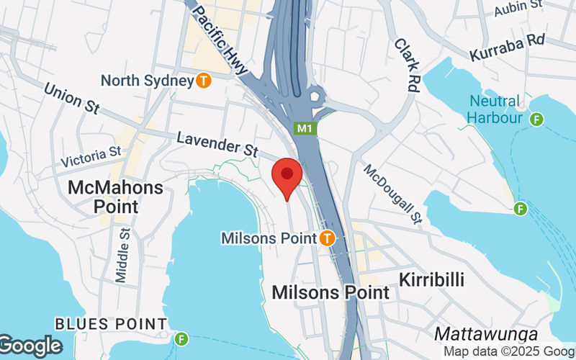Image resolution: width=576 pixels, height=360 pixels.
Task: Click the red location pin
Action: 287,176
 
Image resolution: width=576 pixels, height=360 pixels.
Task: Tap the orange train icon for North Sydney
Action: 204,81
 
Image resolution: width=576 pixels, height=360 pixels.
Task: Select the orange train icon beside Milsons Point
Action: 328,237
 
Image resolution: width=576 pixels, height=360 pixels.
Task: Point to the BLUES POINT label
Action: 111,324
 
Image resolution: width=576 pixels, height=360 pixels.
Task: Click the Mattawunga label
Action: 486,335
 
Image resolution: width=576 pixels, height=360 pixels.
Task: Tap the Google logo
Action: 30,346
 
